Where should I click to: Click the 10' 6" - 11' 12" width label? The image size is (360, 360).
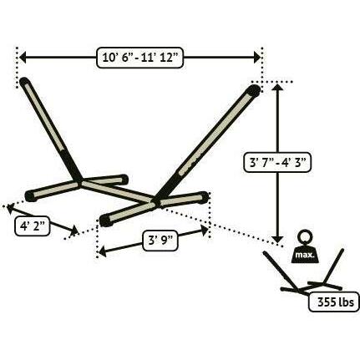(x=139, y=58)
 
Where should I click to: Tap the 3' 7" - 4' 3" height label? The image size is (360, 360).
(x=277, y=162)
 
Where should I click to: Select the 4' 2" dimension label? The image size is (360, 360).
(x=33, y=226)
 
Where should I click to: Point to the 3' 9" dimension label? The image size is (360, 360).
(x=160, y=241)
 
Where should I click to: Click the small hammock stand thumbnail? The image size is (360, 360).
(x=312, y=273)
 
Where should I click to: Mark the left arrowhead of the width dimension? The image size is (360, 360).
(x=23, y=58)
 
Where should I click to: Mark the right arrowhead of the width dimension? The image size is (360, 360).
(x=256, y=58)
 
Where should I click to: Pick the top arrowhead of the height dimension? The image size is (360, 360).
(x=277, y=87)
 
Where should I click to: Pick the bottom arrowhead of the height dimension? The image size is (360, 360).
(x=277, y=239)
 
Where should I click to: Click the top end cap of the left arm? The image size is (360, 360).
(x=24, y=82)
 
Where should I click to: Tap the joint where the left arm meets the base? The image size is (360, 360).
(x=80, y=181)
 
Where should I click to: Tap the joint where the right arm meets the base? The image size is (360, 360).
(x=155, y=201)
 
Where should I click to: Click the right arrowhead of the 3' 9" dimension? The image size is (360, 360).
(x=205, y=231)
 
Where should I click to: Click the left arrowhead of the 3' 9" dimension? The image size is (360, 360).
(x=103, y=251)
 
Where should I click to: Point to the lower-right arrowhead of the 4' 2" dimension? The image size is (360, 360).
(x=74, y=231)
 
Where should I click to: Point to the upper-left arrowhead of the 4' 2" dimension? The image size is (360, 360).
(x=11, y=208)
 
